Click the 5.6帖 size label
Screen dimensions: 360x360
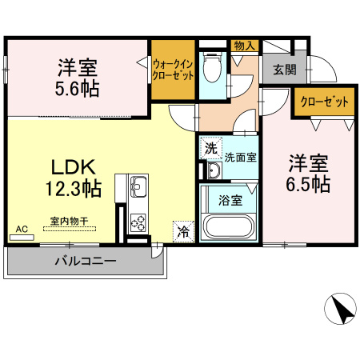click(78, 87)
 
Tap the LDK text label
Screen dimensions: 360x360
click(74, 168)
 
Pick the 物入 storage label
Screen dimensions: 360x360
click(243, 46)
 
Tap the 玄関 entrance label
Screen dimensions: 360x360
click(284, 69)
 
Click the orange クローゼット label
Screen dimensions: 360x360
click(325, 102)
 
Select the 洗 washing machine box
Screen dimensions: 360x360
click(210, 147)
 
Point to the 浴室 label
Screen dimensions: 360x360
click(231, 201)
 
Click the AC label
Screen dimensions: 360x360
click(22, 230)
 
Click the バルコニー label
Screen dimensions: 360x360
click(86, 261)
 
